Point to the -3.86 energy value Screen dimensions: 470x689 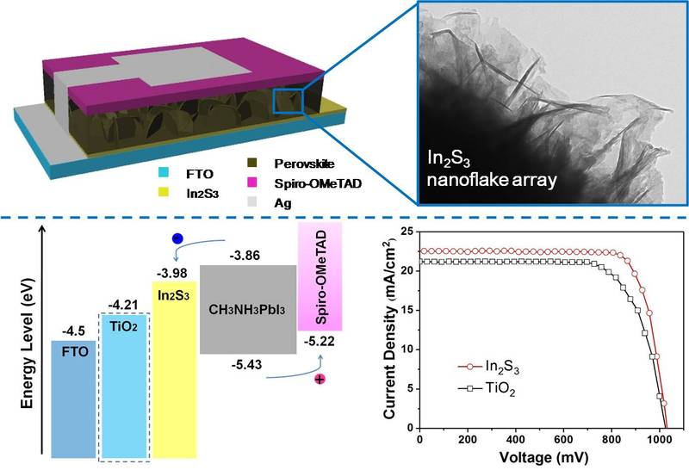pyautogui.click(x=245, y=256)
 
